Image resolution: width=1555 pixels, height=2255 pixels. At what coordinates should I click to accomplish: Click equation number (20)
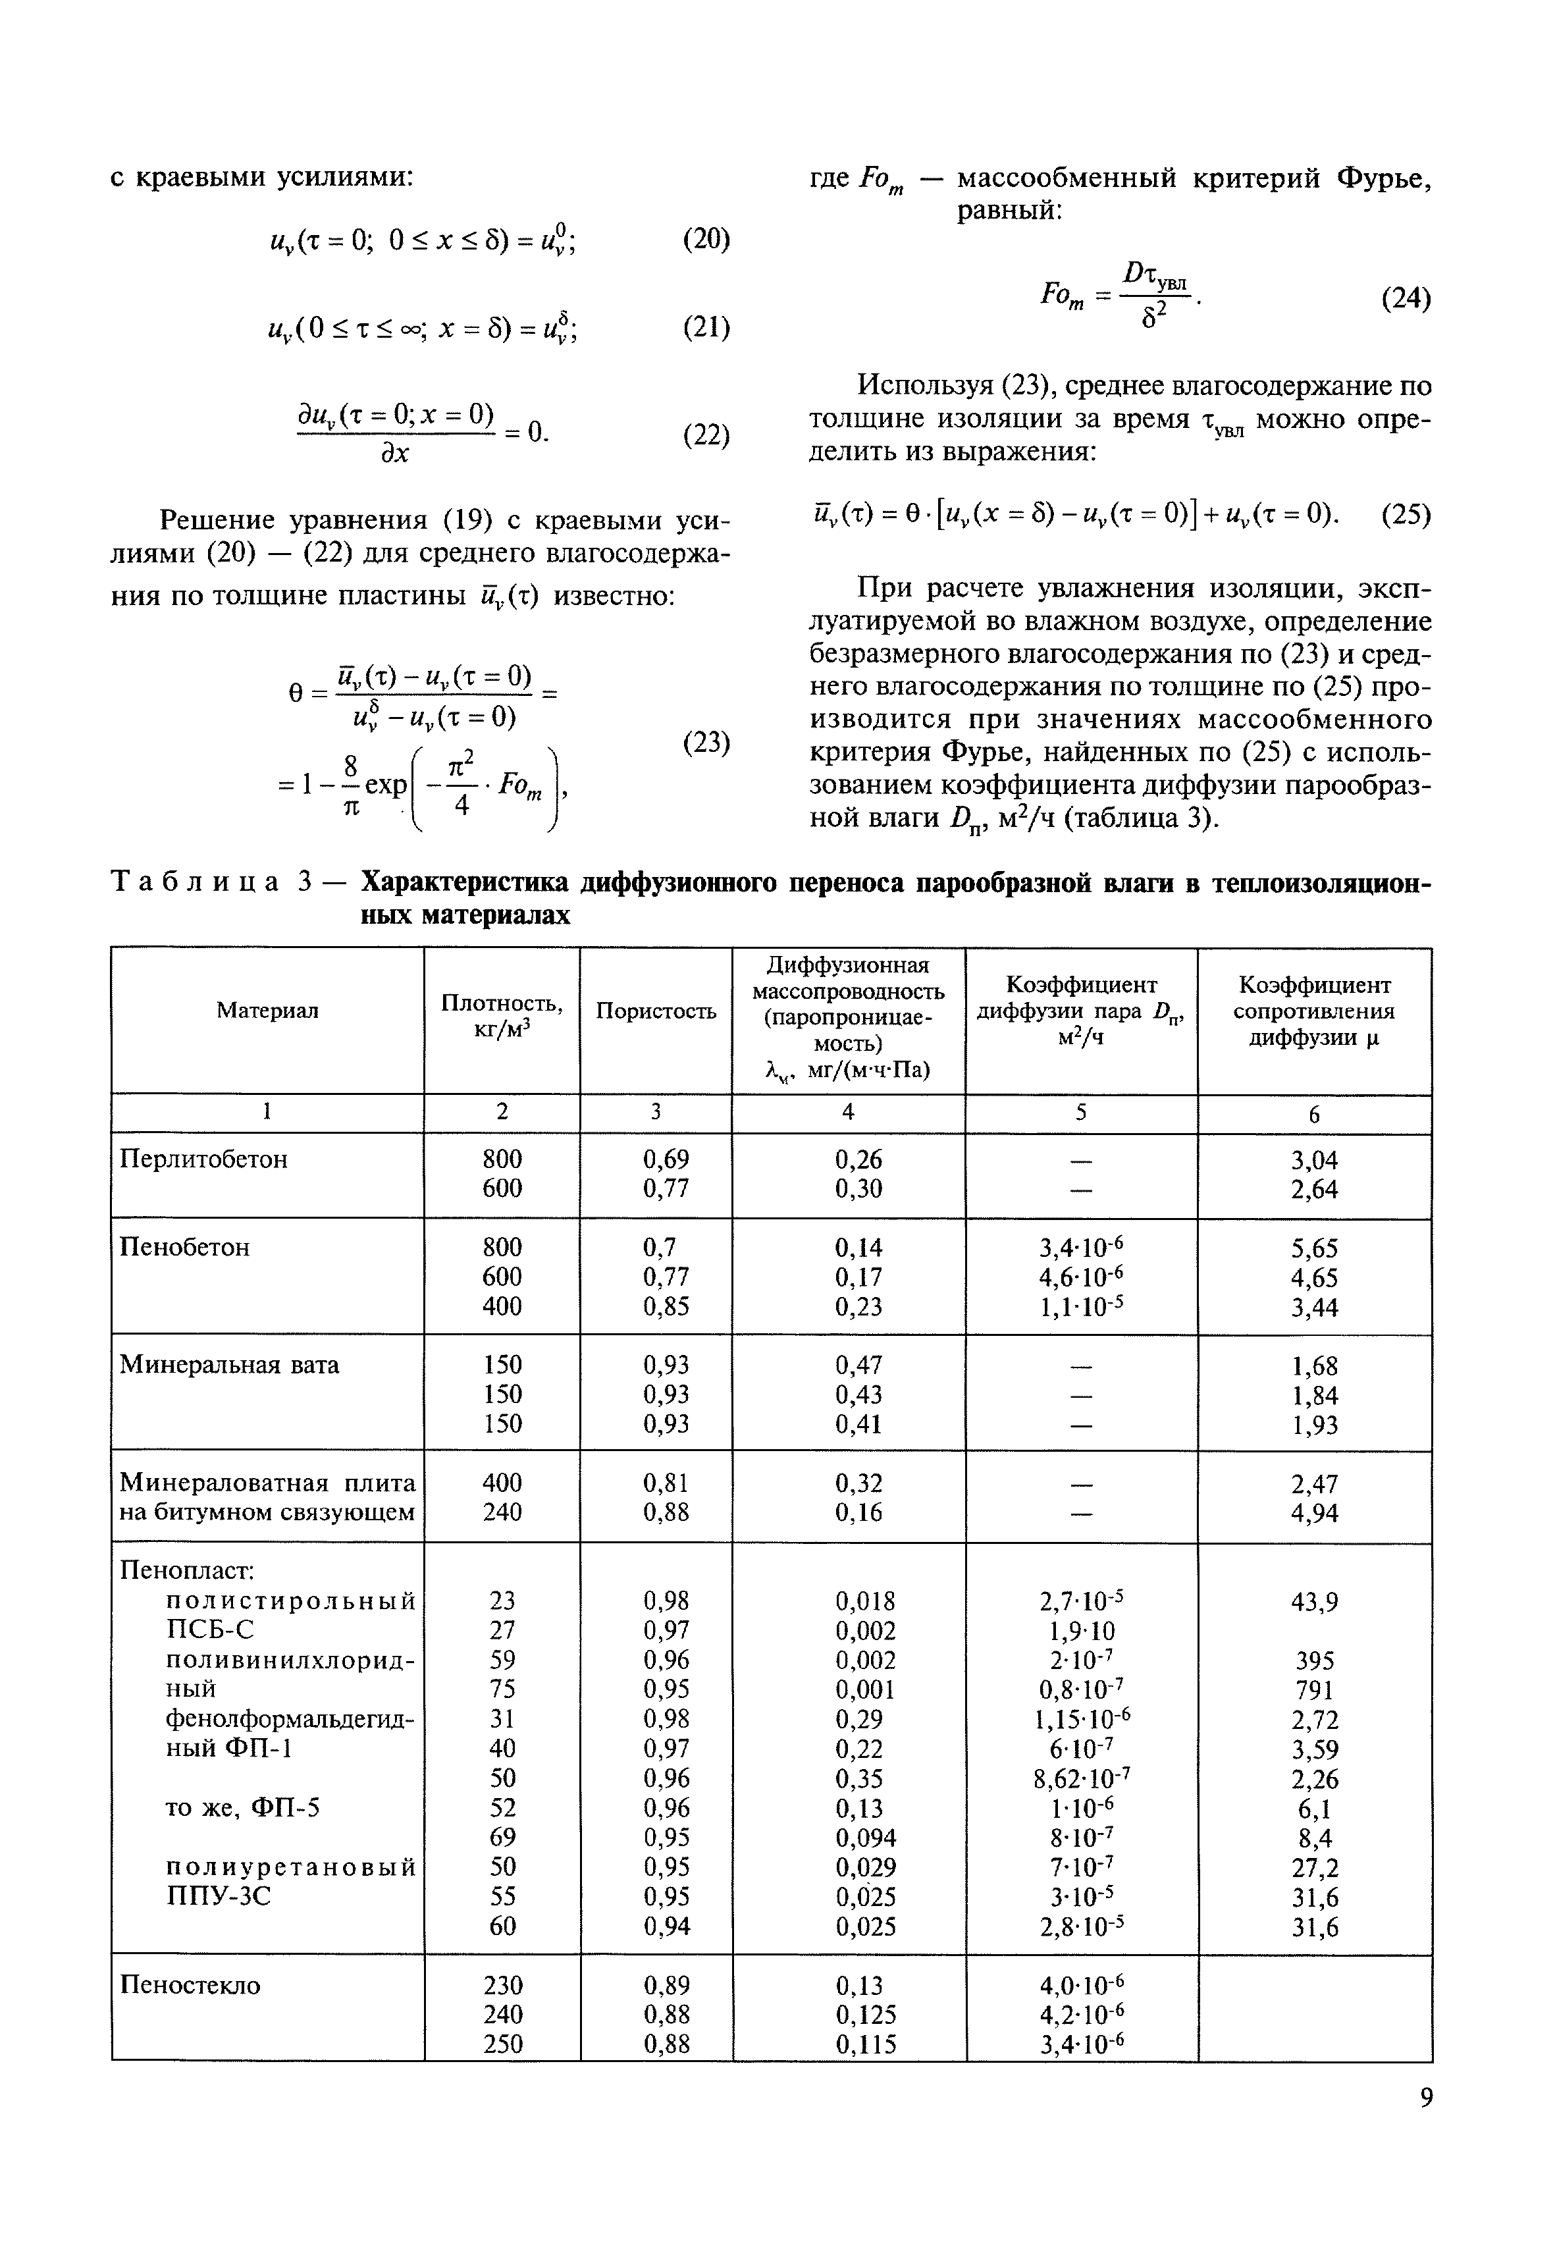pyautogui.click(x=706, y=239)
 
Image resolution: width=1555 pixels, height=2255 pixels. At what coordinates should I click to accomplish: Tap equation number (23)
pyautogui.click(x=706, y=743)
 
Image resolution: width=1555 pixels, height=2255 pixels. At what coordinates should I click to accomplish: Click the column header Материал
pyautogui.click(x=267, y=1011)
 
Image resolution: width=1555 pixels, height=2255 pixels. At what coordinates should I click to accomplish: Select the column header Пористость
pyautogui.click(x=656, y=1011)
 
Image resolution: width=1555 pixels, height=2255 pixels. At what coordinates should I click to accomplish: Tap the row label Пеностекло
pyautogui.click(x=190, y=1985)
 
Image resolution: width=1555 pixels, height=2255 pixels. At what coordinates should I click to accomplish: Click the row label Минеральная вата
pyautogui.click(x=229, y=1364)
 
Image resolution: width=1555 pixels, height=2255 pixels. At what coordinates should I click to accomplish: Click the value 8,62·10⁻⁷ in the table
pyautogui.click(x=1080, y=1778)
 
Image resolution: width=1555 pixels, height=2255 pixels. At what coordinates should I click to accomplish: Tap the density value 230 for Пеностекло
pyautogui.click(x=503, y=1985)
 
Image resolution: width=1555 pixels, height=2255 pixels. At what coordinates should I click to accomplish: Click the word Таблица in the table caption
pyautogui.click(x=196, y=882)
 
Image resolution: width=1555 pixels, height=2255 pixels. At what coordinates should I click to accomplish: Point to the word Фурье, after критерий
pyautogui.click(x=1384, y=178)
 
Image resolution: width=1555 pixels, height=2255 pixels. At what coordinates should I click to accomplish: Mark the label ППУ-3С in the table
pyautogui.click(x=219, y=1896)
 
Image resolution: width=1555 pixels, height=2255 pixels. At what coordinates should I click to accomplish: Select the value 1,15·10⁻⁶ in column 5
pyautogui.click(x=1080, y=1719)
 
